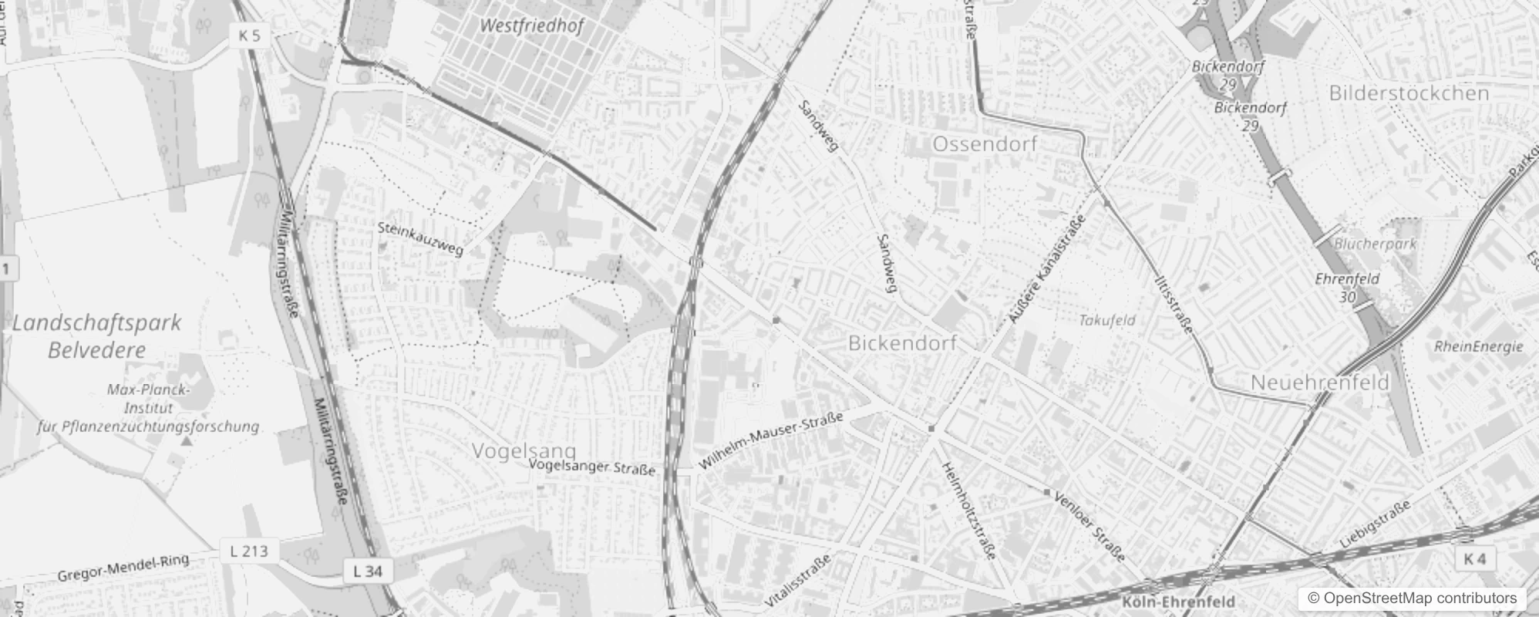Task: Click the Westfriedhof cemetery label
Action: tap(531, 25)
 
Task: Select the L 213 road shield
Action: tap(249, 551)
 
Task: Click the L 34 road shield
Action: tap(368, 571)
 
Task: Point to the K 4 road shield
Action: tap(1474, 559)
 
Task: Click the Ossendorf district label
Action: tap(985, 144)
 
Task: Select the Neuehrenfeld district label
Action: tap(1320, 383)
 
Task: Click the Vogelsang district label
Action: tap(524, 450)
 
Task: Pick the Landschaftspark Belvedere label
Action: tap(97, 336)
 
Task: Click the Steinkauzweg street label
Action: tap(420, 238)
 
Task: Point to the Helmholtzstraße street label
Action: tap(969, 510)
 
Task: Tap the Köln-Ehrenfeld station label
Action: tap(1179, 602)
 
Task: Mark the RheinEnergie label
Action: tap(1479, 347)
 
